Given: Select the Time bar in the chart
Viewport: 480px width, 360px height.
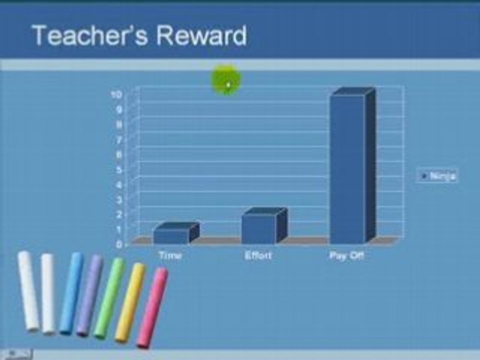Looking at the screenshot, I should point(171,235).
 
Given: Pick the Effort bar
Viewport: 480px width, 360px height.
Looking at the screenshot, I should point(259,228).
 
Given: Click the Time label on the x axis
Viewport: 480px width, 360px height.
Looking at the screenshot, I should point(170,255).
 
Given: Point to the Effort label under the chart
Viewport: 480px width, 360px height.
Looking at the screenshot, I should point(258,255).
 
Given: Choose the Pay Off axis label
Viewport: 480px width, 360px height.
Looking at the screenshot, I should point(346,255).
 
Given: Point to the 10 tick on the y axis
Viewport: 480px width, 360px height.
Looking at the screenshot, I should point(116,94).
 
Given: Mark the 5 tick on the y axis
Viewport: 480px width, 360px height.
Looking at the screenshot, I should point(119,169).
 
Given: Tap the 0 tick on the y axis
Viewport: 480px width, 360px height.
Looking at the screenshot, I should point(119,244).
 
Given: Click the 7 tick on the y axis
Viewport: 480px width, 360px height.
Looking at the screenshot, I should point(119,139).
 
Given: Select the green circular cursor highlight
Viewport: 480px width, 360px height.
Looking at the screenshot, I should point(226,80).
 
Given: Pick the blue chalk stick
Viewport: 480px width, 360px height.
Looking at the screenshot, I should point(71,292).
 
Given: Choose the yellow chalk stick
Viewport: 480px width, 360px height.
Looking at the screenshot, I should point(130,302).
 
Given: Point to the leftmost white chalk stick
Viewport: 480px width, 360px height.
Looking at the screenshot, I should point(28,290).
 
